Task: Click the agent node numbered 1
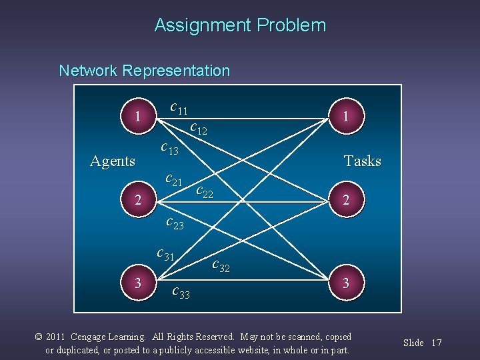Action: tap(137, 117)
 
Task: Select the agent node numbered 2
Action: tap(137, 199)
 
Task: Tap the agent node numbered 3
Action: tap(137, 283)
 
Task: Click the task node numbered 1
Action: tap(345, 116)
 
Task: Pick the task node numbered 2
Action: tap(345, 199)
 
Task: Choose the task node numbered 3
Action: tap(345, 283)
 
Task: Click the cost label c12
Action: tap(198, 127)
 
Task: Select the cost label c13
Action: tap(170, 149)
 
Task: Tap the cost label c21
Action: tap(173, 179)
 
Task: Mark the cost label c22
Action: tap(205, 192)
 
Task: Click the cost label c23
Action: tap(174, 223)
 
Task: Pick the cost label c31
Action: tap(165, 254)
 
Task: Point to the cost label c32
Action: tap(221, 265)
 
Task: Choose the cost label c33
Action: tap(181, 291)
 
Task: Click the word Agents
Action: tap(113, 161)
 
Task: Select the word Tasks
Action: tap(362, 161)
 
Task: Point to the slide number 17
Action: tap(437, 343)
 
